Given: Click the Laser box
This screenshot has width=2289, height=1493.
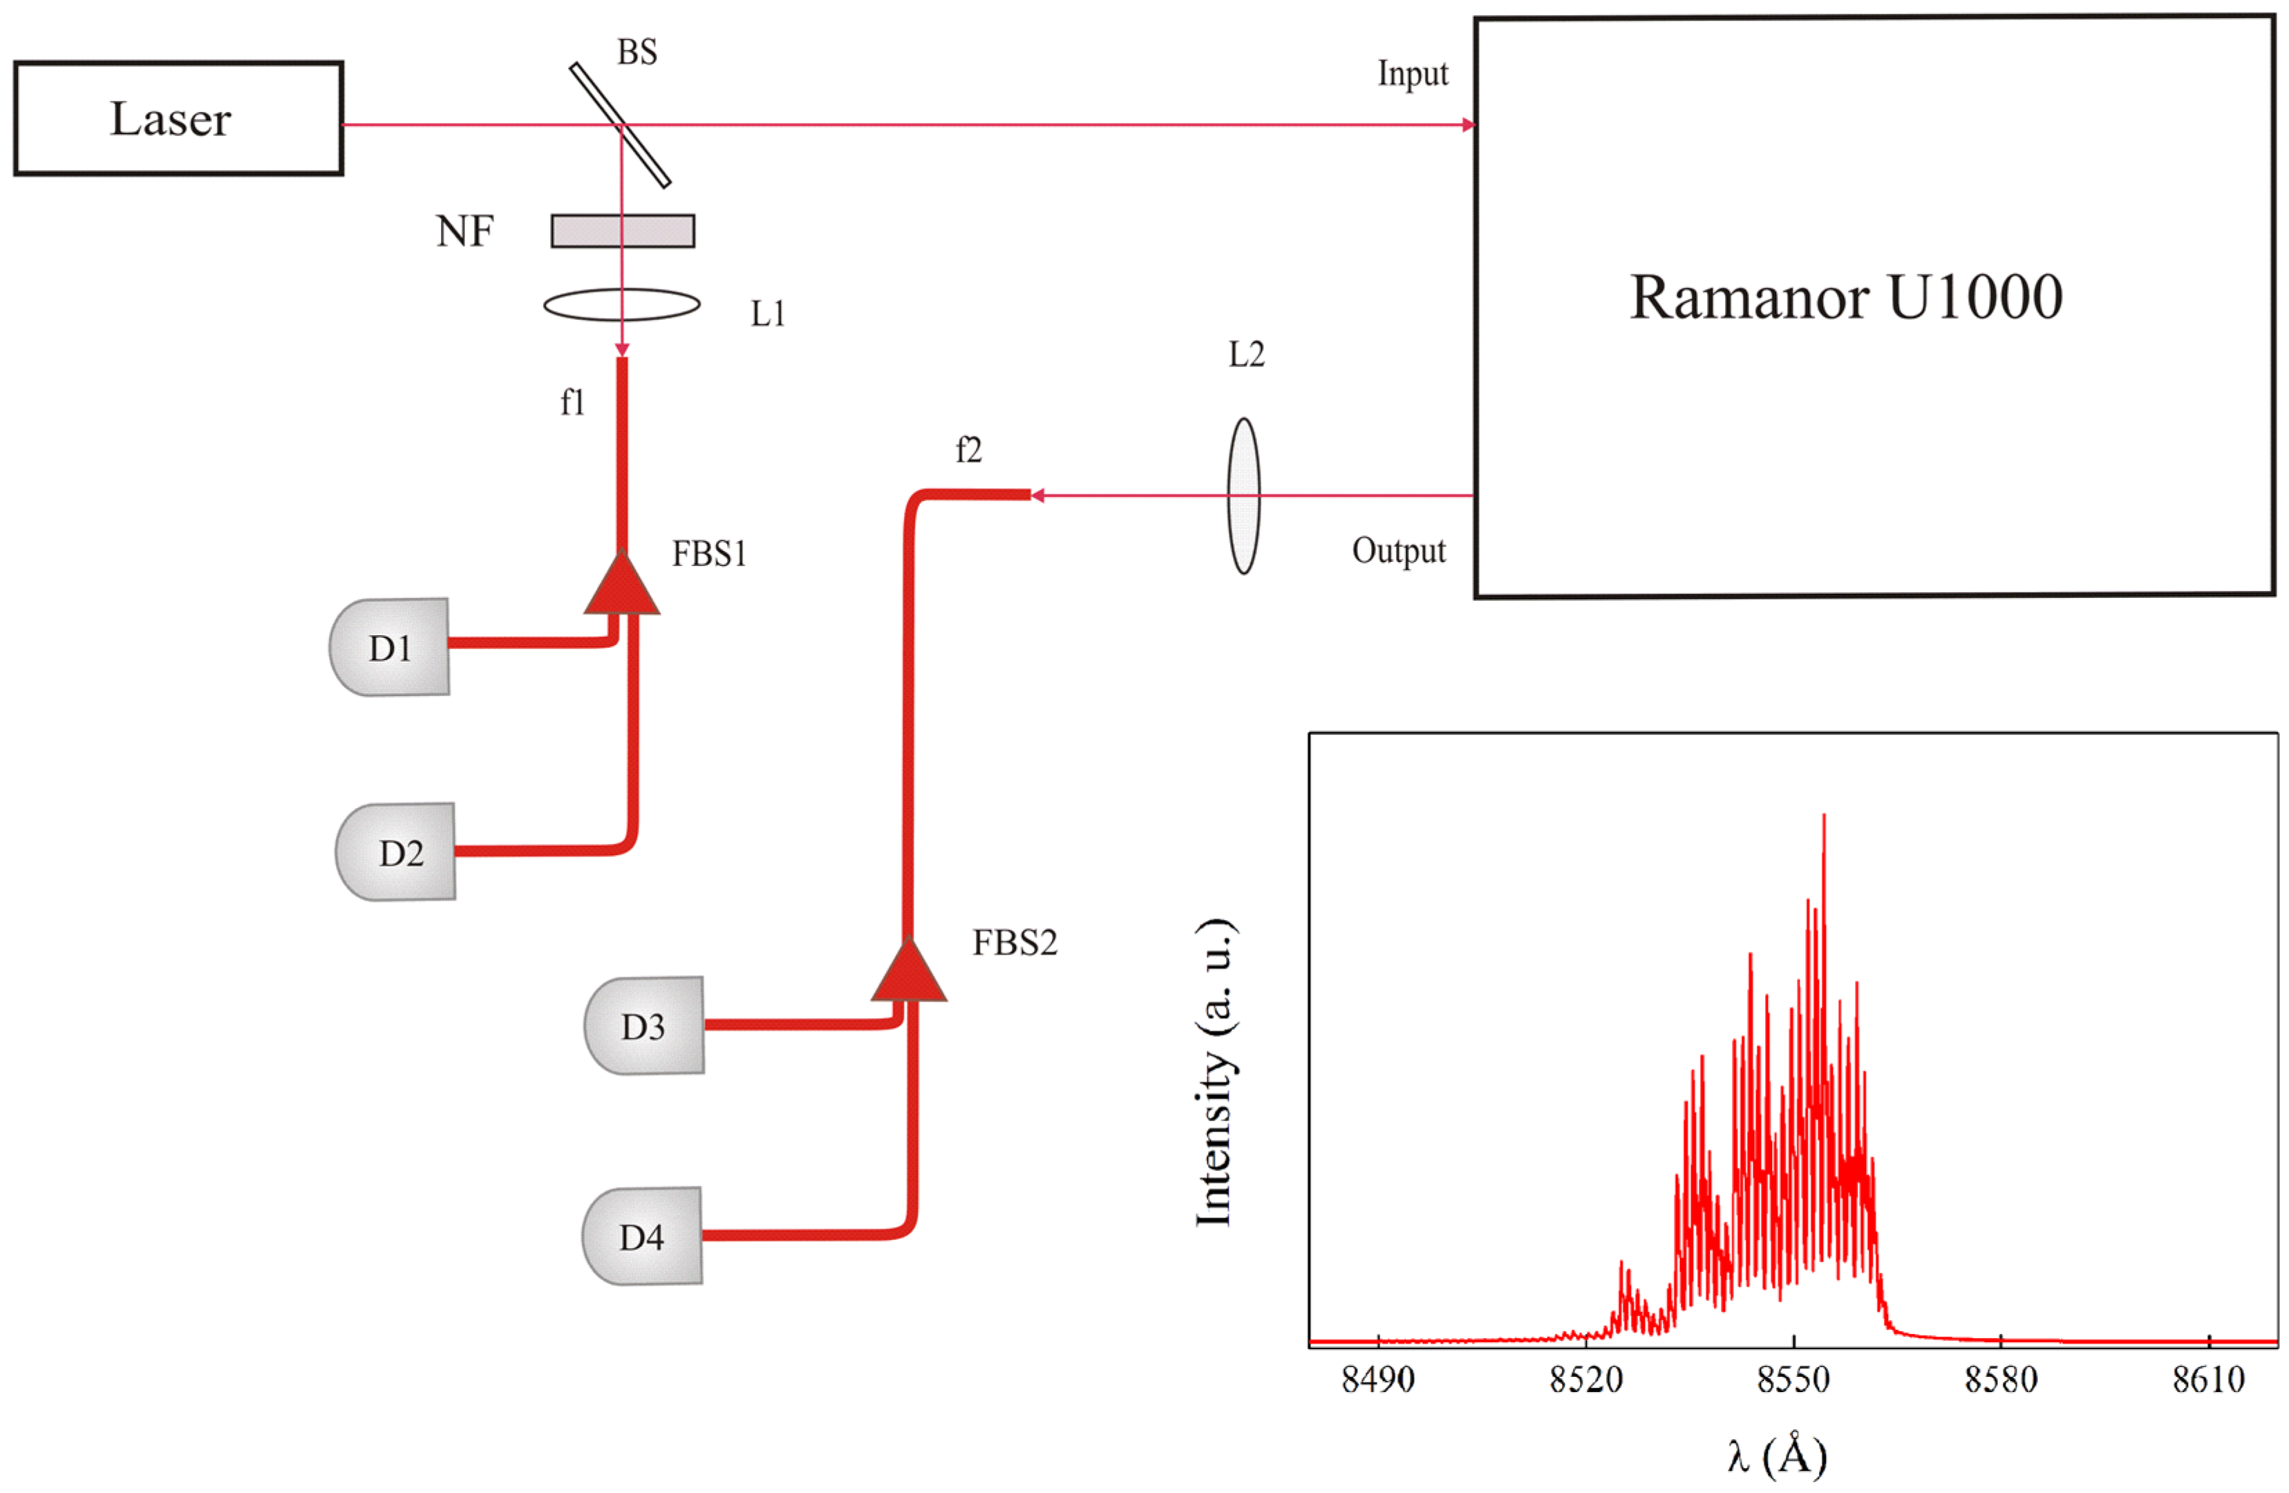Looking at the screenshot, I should click(178, 118).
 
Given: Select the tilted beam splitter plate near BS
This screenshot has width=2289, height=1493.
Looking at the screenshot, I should click(621, 124).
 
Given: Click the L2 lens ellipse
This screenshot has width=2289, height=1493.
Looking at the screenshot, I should click(1243, 496).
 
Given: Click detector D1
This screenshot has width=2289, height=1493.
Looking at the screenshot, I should click(390, 648).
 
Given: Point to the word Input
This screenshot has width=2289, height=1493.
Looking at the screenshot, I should click(1412, 74).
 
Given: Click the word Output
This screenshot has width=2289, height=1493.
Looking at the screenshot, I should click(1398, 550).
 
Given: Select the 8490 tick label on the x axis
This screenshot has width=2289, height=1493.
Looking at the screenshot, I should click(1377, 1380).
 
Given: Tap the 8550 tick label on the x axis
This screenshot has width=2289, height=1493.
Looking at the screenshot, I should click(1793, 1380).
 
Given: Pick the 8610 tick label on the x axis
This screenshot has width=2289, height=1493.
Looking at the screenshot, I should click(2208, 1380).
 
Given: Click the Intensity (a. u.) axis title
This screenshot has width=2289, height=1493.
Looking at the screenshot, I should click(1216, 1073).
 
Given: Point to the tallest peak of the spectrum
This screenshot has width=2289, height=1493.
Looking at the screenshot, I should click(1823, 818).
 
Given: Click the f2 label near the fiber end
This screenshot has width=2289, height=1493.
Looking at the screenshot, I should click(968, 449).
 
